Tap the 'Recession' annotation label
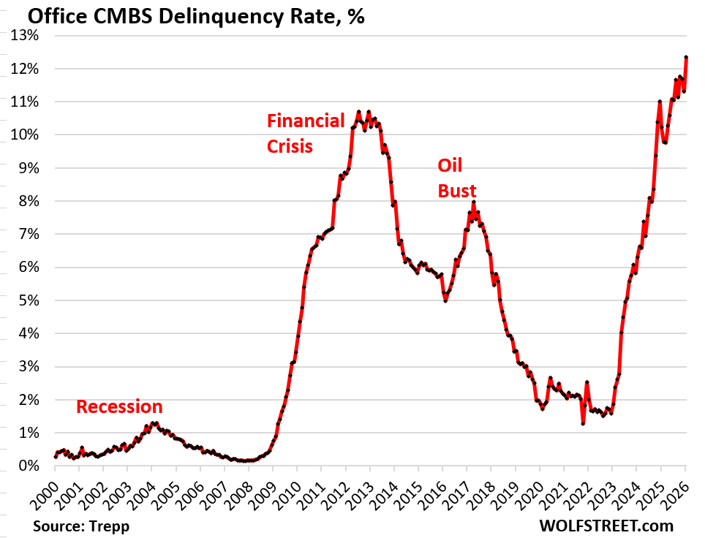pyautogui.click(x=119, y=407)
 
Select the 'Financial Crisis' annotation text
pyautogui.click(x=305, y=133)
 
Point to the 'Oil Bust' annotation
pyautogui.click(x=456, y=178)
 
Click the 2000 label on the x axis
pyautogui.click(x=45, y=491)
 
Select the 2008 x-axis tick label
pyautogui.click(x=240, y=491)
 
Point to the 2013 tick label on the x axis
pyautogui.click(x=361, y=491)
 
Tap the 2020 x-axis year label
pyautogui.click(x=532, y=491)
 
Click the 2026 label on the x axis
pyautogui.click(x=677, y=491)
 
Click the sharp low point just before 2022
pyautogui.click(x=583, y=423)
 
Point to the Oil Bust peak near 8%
pyautogui.click(x=474, y=202)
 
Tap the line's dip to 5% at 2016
pyautogui.click(x=445, y=300)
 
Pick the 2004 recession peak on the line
pyautogui.click(x=154, y=423)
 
